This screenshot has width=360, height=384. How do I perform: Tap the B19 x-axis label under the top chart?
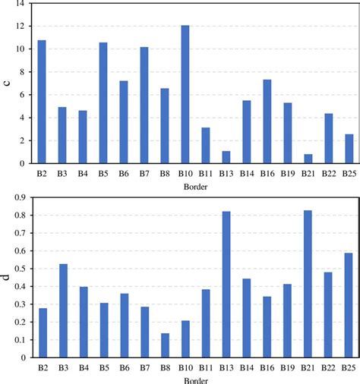pyautogui.click(x=287, y=174)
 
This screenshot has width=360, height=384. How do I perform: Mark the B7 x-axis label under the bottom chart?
pyautogui.click(x=144, y=368)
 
